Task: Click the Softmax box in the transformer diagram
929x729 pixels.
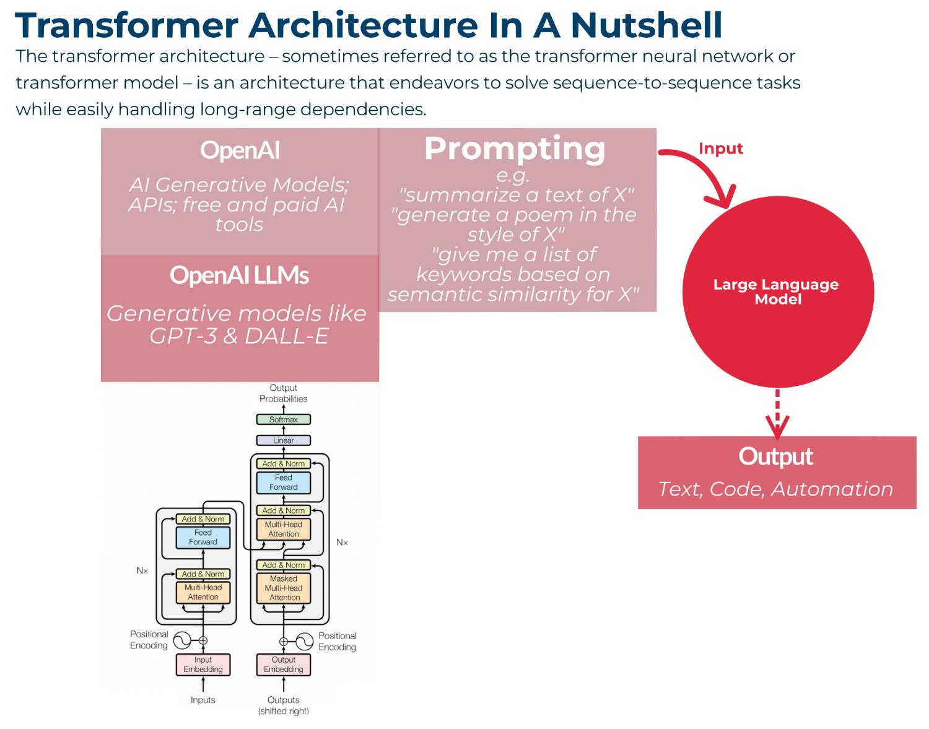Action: coord(283,419)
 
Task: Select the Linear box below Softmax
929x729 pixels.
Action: coord(283,440)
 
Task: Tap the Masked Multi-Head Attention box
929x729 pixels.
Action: coord(284,588)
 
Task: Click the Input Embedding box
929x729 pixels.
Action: coord(203,665)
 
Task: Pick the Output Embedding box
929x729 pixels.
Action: coord(283,665)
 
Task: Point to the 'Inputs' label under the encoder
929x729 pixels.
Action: coord(203,700)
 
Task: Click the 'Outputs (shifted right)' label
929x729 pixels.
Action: coord(283,705)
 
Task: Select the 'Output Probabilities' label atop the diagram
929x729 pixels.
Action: coord(283,393)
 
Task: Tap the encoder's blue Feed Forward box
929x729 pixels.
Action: coord(203,537)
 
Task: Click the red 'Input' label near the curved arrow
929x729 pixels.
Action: coord(720,149)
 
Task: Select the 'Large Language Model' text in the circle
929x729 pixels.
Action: coord(776,292)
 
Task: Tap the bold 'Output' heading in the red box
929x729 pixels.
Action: coord(775,456)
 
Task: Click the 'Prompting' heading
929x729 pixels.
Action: coord(515,149)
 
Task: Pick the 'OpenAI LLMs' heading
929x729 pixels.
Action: coord(239,276)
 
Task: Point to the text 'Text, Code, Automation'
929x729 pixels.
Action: coord(775,489)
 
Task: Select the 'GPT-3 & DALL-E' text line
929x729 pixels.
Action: coord(239,335)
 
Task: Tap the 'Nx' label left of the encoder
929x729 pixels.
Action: coord(142,570)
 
